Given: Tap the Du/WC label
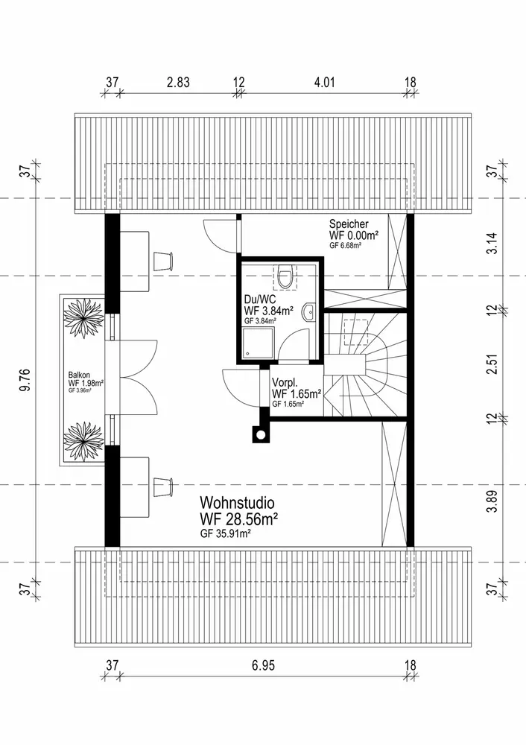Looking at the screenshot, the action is (259, 299).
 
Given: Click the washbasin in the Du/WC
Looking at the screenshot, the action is (307, 316).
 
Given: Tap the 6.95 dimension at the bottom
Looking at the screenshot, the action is (262, 665).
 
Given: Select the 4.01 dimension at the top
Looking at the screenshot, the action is (324, 83).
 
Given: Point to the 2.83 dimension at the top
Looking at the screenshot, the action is (177, 83).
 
